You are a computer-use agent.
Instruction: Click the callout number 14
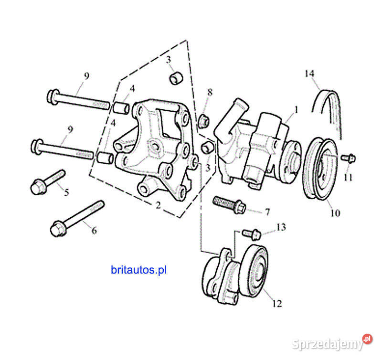pyautogui.click(x=310, y=74)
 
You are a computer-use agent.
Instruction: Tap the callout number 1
pyautogui.click(x=296, y=110)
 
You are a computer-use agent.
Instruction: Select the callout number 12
pyautogui.click(x=277, y=303)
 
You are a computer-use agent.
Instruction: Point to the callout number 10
pyautogui.click(x=335, y=213)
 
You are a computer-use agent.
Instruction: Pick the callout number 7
pyautogui.click(x=267, y=212)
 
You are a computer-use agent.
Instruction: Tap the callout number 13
pyautogui.click(x=281, y=227)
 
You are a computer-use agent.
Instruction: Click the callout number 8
pyautogui.click(x=210, y=92)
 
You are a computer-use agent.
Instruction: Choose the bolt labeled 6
pyautogui.click(x=76, y=217)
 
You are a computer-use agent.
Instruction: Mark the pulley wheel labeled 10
pyautogui.click(x=321, y=168)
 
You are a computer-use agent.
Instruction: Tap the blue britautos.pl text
pyautogui.click(x=138, y=270)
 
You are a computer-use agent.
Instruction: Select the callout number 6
pyautogui.click(x=94, y=231)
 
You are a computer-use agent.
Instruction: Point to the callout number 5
pyautogui.click(x=66, y=193)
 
